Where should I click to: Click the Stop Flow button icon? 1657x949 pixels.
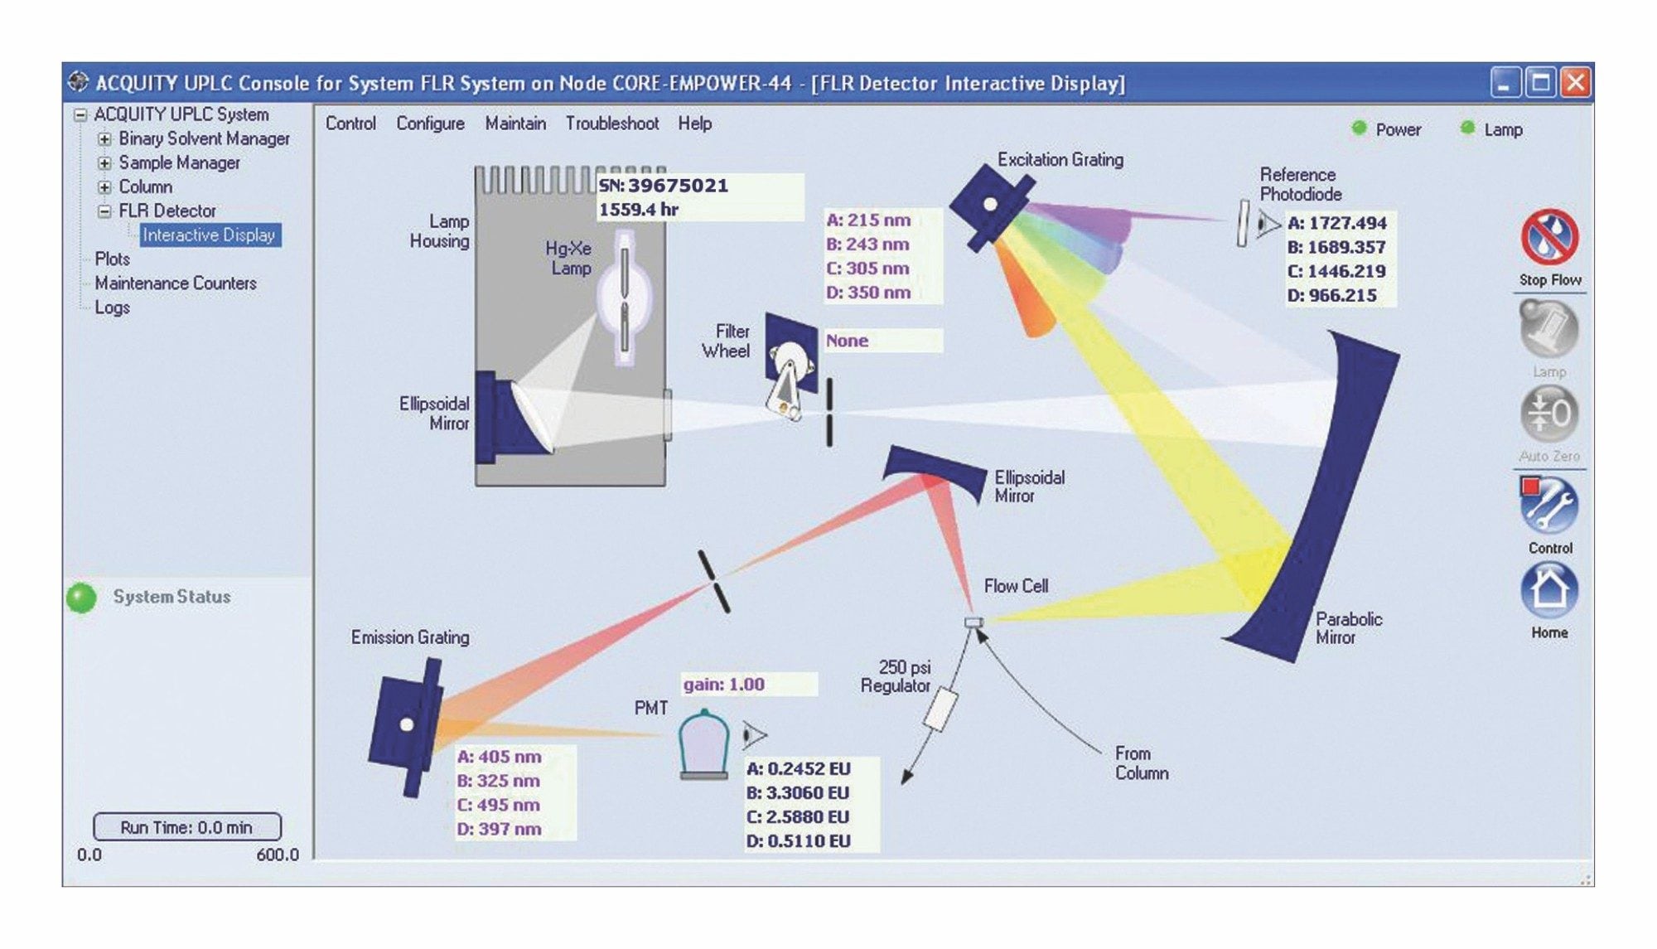(1548, 238)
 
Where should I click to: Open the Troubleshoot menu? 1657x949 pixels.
(611, 123)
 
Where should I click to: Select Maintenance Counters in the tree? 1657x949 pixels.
(175, 283)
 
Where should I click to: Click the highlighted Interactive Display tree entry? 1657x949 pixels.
(209, 235)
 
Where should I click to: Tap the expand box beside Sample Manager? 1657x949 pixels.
(104, 163)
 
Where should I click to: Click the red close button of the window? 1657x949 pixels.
(1575, 83)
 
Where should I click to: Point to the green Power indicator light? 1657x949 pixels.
(1359, 128)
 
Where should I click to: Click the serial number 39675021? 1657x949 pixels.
(677, 186)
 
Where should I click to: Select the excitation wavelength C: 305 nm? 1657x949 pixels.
(867, 269)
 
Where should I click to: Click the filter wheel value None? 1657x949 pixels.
(847, 341)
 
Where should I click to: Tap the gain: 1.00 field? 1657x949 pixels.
(723, 685)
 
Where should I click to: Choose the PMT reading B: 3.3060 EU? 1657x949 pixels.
(798, 793)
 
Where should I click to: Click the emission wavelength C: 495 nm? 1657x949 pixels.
(498, 805)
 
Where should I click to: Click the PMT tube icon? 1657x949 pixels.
(703, 743)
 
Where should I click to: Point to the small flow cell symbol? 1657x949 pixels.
(973, 622)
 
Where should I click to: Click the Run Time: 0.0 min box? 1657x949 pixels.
(186, 827)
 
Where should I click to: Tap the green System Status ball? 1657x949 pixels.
(81, 598)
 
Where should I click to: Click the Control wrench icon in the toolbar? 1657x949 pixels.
(1548, 505)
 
